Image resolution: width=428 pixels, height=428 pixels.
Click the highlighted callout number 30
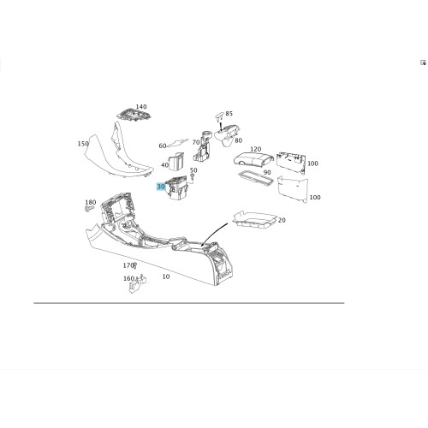coord(161,187)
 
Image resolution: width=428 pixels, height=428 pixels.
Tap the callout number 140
coord(141,107)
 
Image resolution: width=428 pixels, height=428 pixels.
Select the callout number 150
coord(83,144)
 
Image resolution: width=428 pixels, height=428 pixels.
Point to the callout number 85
coord(229,114)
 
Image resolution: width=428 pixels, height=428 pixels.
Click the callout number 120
coord(255,149)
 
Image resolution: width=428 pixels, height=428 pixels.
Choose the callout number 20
coord(282,220)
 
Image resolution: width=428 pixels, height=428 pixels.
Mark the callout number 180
coord(91,202)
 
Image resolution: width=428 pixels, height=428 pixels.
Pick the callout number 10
coord(166,276)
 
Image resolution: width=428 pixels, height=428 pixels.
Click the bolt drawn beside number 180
coord(89,209)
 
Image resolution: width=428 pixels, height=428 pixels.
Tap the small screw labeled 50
coord(193,177)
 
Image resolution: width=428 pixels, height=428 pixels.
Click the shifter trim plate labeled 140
coord(134,115)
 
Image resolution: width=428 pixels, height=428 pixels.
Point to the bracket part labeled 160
coord(138,284)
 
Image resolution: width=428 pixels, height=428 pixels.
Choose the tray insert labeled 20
coord(255,219)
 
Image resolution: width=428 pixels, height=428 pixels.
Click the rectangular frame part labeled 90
coord(255,178)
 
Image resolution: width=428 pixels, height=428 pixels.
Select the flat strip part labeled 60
coord(177,143)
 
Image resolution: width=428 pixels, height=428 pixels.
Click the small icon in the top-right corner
coord(423,62)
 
